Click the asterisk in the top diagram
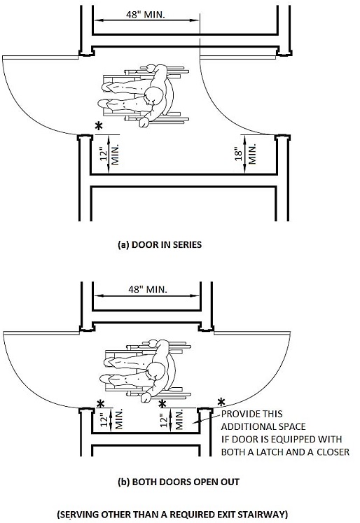click(x=99, y=127)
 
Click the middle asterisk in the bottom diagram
click(x=162, y=404)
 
